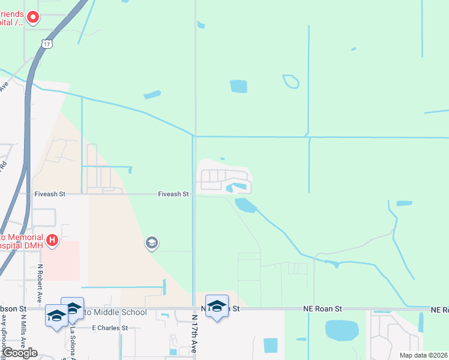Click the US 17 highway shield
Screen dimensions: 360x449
pyautogui.click(x=48, y=44)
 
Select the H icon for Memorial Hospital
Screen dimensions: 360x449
pyautogui.click(x=52, y=241)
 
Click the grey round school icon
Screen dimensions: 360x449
pyautogui.click(x=151, y=243)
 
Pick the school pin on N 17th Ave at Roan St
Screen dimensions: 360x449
pyautogui.click(x=217, y=306)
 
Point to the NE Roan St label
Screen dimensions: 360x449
pyautogui.click(x=321, y=308)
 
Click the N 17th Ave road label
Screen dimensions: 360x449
pyautogui.click(x=194, y=336)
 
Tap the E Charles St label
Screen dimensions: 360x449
pyautogui.click(x=110, y=328)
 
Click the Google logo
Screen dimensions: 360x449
pyautogui.click(x=20, y=352)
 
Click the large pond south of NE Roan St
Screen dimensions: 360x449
pyautogui.click(x=341, y=330)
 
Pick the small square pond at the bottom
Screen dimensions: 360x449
pyautogui.click(x=271, y=345)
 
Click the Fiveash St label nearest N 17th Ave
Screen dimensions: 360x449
pyautogui.click(x=173, y=194)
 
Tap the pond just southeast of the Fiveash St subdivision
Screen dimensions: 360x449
pyautogui.click(x=246, y=206)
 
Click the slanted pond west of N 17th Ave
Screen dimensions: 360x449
pyautogui.click(x=152, y=95)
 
